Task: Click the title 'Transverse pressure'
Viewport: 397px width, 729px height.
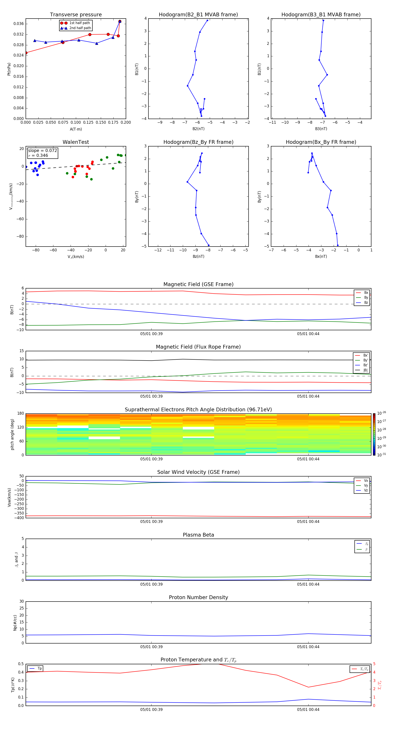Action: point(76,15)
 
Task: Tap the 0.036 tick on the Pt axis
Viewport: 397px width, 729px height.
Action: point(19,24)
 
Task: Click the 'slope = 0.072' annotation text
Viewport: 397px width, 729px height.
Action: point(42,151)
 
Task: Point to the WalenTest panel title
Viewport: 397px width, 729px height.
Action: point(76,142)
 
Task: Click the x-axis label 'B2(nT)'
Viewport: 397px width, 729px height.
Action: point(198,129)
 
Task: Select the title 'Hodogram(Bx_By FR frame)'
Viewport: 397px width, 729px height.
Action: point(321,142)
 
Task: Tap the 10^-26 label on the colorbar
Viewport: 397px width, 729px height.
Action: point(382,413)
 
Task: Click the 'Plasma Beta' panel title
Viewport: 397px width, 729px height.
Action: point(198,535)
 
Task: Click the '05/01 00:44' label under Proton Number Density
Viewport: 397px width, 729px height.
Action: point(308,647)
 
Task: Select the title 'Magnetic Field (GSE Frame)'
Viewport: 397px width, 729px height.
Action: point(198,284)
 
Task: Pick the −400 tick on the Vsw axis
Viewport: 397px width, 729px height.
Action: point(19,518)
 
